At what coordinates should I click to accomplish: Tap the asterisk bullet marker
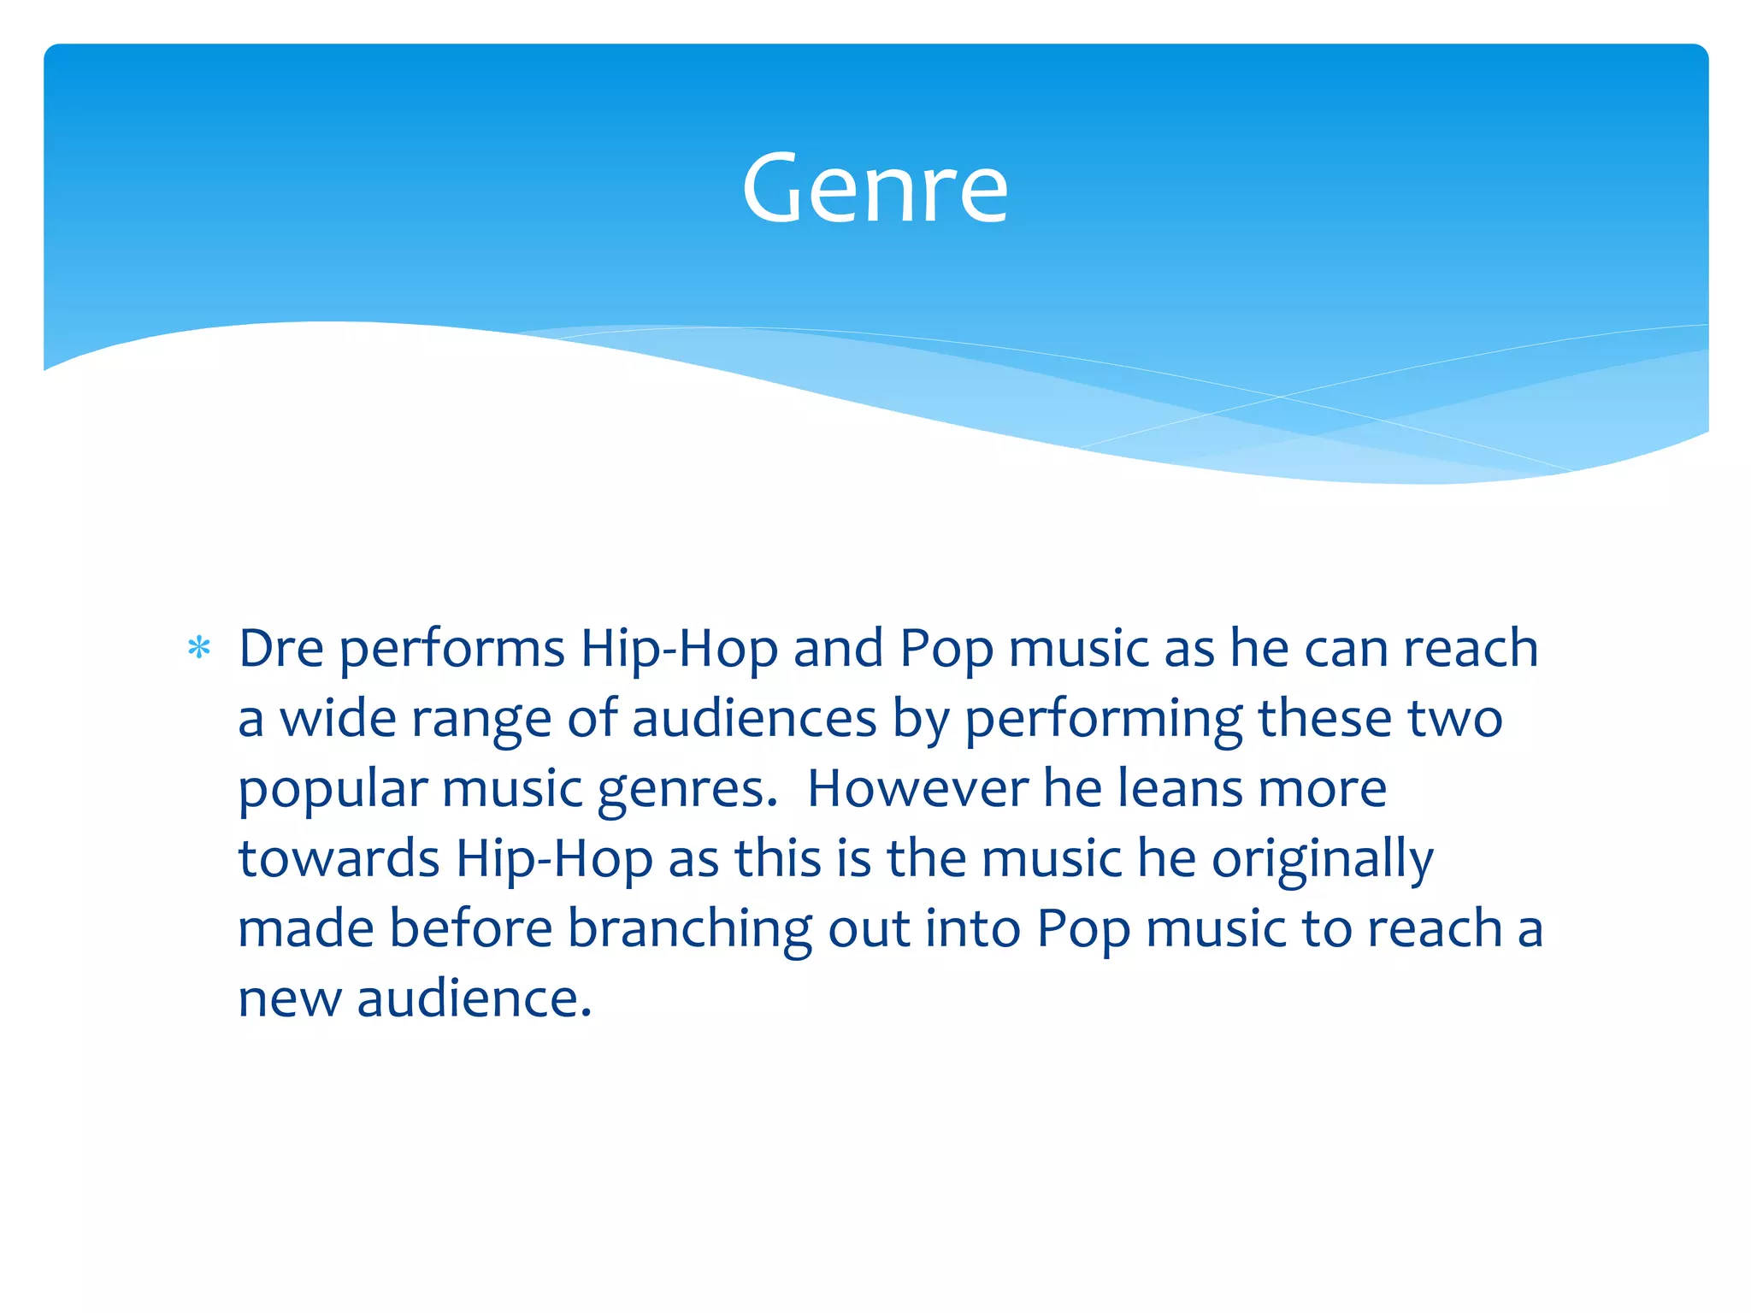[199, 649]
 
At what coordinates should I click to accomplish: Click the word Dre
[280, 649]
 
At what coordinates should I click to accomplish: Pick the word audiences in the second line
[754, 718]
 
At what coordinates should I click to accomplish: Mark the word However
[917, 788]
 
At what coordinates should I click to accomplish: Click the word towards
[339, 858]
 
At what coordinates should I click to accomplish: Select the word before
[470, 928]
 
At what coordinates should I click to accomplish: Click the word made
[306, 928]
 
